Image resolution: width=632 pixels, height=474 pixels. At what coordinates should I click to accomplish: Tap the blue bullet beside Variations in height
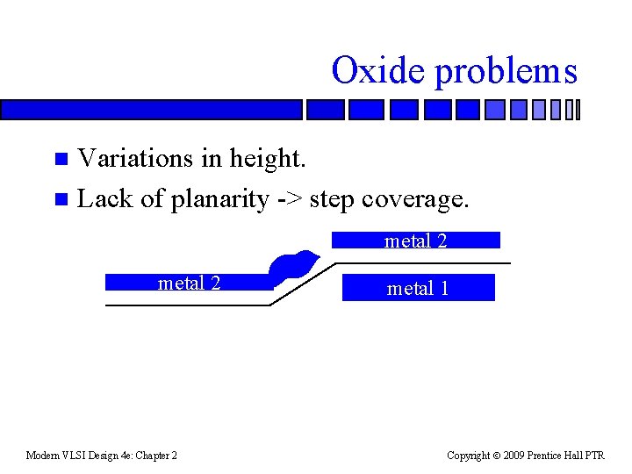coord(61,159)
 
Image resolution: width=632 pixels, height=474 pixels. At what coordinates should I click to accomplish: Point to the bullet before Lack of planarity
coord(61,199)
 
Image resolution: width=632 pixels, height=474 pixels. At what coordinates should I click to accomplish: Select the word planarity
coord(219,200)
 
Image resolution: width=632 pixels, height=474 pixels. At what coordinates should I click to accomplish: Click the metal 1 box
coord(418,288)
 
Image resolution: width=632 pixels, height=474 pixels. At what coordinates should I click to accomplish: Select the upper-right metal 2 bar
coord(415,241)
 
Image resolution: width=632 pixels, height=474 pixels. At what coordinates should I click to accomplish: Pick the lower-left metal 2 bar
coord(189,283)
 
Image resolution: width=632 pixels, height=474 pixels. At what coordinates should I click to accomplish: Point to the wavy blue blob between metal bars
coord(293,266)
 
